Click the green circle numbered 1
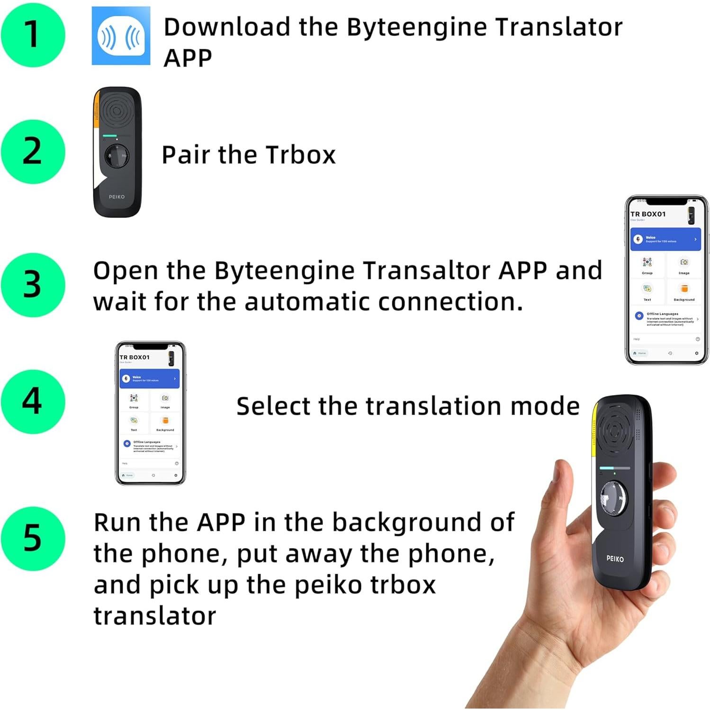click(x=33, y=35)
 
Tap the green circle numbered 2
click(x=33, y=152)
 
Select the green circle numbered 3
click(x=33, y=285)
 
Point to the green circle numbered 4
click(x=33, y=402)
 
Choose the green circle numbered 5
click(x=33, y=539)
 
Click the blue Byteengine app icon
click(x=121, y=36)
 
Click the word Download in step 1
click(x=226, y=27)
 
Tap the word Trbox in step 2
click(x=300, y=155)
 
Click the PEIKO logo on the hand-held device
click(x=615, y=559)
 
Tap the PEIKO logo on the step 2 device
click(x=117, y=197)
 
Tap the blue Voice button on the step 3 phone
click(x=665, y=239)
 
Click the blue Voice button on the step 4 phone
click(x=149, y=378)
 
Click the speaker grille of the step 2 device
click(x=116, y=111)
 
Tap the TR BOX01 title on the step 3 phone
click(x=648, y=214)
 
